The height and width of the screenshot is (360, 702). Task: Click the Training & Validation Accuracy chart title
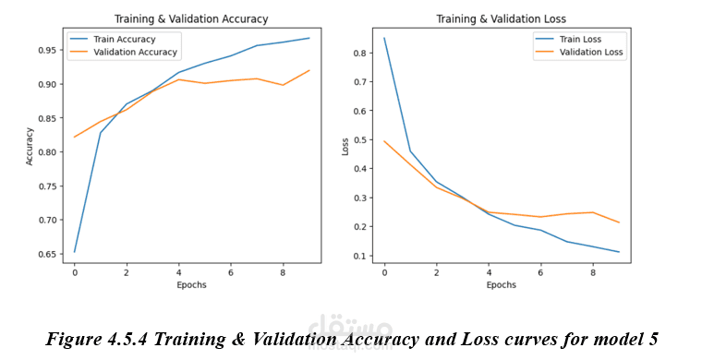[191, 19]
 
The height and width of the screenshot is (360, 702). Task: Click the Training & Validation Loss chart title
[501, 19]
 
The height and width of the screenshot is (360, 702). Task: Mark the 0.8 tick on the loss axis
[360, 53]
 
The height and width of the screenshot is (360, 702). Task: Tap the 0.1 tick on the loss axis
[360, 256]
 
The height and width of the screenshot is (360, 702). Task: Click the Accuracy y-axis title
[30, 147]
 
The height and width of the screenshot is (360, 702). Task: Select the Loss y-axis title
[345, 147]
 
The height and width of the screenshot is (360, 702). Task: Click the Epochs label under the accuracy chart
[191, 285]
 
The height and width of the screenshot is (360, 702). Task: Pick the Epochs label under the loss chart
[502, 285]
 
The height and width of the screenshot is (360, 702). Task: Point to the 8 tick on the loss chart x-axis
[593, 272]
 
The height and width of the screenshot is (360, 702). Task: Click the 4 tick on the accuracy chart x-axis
[178, 272]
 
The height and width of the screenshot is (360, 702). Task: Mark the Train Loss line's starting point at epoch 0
[384, 39]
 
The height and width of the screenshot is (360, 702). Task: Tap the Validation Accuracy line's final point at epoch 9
[309, 70]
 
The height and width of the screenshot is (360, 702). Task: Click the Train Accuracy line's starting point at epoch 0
[74, 252]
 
